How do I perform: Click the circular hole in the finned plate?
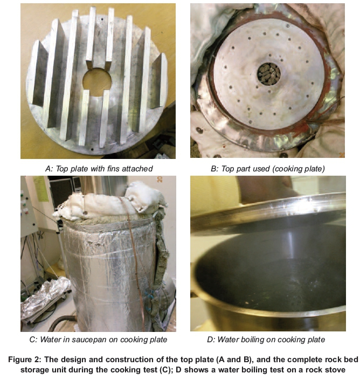[x=97, y=82]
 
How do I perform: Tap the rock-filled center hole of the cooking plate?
[x=269, y=74]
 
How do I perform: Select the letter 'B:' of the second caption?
[x=214, y=169]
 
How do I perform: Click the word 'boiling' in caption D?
[x=249, y=340]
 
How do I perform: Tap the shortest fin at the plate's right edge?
[x=158, y=80]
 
